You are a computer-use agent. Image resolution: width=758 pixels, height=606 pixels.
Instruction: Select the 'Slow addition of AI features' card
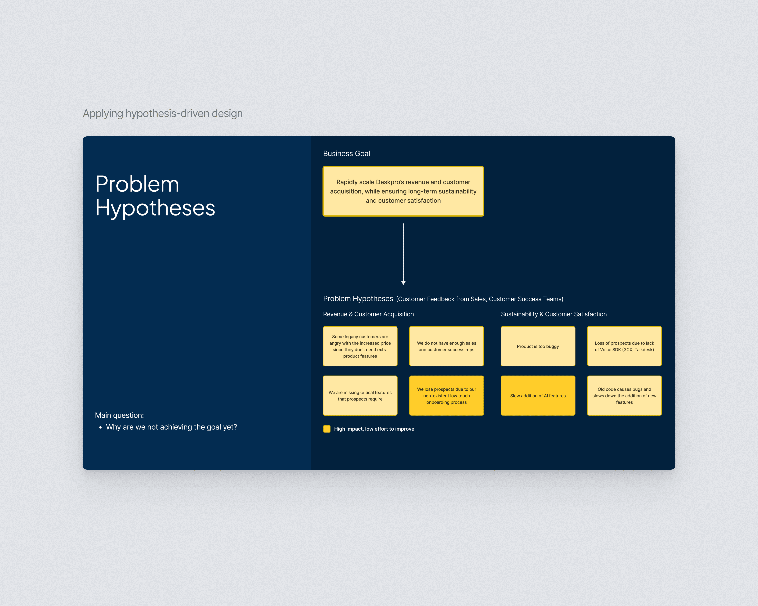coord(538,396)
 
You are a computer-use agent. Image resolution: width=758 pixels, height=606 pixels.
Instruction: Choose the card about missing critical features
coord(360,396)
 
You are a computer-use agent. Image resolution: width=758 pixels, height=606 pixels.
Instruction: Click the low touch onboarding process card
coord(446,396)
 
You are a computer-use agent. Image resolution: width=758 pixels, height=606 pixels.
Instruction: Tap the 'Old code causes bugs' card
coord(624,396)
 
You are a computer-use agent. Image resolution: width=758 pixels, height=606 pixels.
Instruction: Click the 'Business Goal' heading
coord(346,154)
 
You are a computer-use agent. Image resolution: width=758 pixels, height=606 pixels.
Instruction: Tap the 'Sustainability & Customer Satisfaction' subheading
coord(554,314)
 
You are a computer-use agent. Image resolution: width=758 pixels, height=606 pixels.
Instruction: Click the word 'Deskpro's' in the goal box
coord(390,182)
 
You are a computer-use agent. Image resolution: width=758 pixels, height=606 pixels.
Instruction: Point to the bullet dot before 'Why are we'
coord(101,428)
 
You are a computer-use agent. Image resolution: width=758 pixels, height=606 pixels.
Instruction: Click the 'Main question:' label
coord(119,415)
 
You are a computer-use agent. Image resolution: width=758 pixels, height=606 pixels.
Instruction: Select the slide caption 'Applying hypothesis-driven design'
coord(163,113)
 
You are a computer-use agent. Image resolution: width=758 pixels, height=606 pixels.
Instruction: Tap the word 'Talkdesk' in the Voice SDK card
coord(644,350)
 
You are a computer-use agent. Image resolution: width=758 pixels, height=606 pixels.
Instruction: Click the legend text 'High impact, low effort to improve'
coord(374,429)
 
